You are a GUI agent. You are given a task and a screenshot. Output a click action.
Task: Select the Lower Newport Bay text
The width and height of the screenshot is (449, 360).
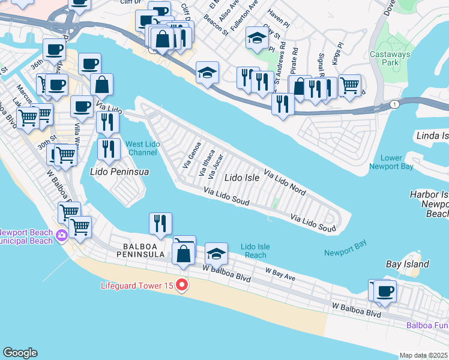pos(390,162)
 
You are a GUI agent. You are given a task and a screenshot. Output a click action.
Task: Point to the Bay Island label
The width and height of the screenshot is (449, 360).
pos(407,264)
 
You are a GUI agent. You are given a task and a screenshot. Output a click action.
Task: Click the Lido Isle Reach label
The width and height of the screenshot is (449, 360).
pos(255,251)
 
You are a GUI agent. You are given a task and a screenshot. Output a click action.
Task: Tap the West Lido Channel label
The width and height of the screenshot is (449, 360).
pos(143,148)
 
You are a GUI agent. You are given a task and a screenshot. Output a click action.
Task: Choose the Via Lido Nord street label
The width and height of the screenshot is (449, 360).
pos(285,182)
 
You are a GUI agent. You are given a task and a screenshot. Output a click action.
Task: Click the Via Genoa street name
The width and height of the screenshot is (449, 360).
pos(191,154)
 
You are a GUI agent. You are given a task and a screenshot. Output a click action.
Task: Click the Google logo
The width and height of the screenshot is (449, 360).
pos(20,353)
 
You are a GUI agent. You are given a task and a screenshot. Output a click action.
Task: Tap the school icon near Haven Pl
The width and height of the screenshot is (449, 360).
pos(257,38)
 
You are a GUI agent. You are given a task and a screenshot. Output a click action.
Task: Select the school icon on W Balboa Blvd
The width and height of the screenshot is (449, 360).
pos(216,253)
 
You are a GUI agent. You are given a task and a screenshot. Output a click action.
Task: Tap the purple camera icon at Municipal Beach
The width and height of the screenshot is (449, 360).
pos(62,236)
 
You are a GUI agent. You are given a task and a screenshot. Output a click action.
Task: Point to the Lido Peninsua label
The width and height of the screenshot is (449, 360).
pos(119,172)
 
